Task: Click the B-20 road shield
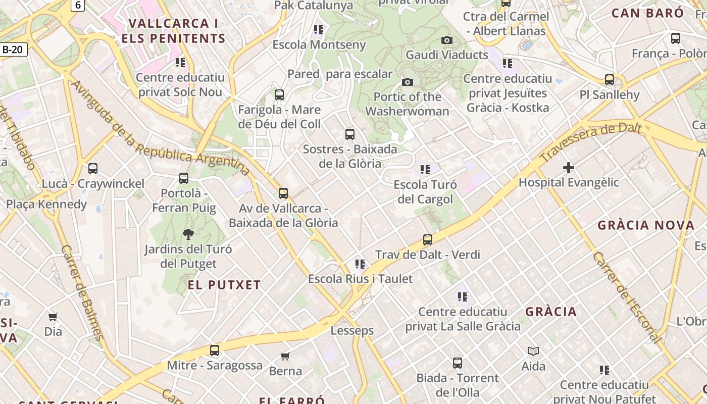point(13,49)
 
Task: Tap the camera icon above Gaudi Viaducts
point(447,40)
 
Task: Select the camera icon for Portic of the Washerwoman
point(408,82)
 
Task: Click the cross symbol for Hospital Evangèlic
point(569,168)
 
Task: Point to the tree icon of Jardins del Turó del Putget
point(188,234)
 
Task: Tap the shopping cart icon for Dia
point(53,317)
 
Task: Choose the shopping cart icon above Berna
point(285,357)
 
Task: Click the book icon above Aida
point(533,351)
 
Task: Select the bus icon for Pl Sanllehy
point(610,80)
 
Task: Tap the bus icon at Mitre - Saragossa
point(215,350)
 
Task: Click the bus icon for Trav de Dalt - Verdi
point(428,240)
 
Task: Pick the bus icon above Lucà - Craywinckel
point(93,169)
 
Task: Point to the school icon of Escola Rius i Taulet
point(360,264)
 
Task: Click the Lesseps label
point(352,331)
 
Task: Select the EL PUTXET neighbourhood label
point(224,285)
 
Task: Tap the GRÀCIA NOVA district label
point(646,225)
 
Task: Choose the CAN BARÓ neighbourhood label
point(647,13)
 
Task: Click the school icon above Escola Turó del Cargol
point(425,170)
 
